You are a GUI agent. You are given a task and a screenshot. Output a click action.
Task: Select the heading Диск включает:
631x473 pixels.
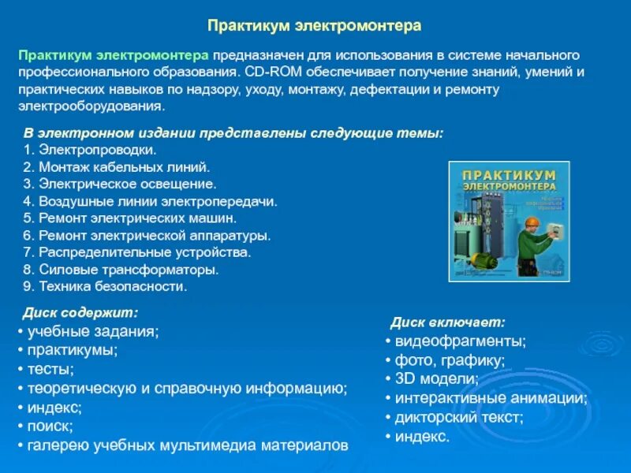click(x=447, y=322)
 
